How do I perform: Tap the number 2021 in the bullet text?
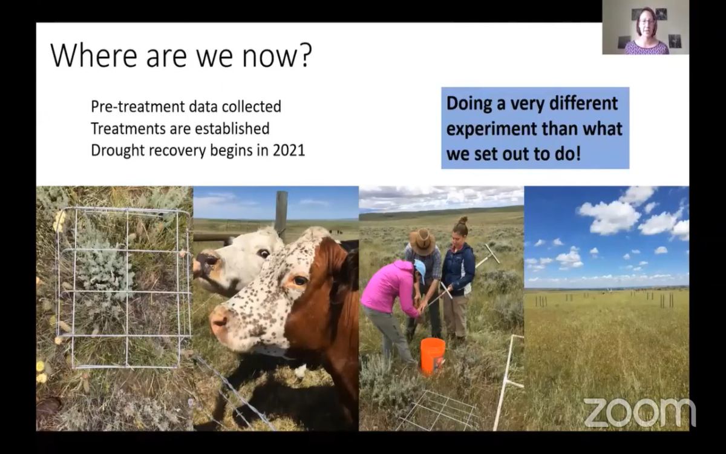(289, 151)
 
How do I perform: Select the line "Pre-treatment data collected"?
(186, 107)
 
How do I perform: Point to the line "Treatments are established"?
(180, 129)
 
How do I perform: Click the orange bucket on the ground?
(433, 355)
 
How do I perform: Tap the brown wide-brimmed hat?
(422, 241)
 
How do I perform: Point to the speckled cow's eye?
(300, 280)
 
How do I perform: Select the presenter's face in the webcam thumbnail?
(646, 26)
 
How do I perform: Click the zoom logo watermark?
(639, 412)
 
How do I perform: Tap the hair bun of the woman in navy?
(463, 220)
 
